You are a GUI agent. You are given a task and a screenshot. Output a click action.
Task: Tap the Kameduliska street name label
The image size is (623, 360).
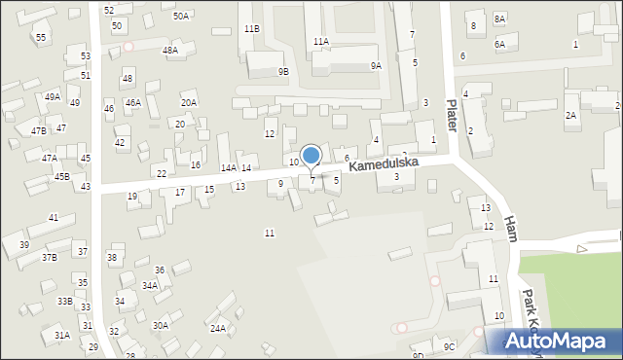tap(385, 165)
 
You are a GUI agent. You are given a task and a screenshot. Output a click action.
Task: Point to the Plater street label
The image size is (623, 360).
tap(451, 108)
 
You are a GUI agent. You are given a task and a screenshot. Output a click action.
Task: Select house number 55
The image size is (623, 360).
tap(40, 37)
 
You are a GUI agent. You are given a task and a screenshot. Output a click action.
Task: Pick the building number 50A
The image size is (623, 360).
tap(181, 17)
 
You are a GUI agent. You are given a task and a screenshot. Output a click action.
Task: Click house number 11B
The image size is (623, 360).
tap(252, 29)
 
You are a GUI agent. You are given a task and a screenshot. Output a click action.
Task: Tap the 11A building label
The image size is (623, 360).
tap(320, 41)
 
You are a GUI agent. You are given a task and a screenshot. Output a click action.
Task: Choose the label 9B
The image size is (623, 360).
tap(283, 71)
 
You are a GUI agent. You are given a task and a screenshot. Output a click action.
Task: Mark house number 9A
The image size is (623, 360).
tap(376, 65)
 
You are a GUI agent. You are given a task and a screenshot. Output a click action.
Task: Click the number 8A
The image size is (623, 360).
tap(499, 19)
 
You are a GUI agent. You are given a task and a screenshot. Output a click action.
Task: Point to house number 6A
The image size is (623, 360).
tap(499, 44)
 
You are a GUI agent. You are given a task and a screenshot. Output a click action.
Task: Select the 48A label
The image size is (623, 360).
tap(170, 50)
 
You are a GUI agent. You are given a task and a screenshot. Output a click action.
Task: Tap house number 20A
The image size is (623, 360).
tap(189, 102)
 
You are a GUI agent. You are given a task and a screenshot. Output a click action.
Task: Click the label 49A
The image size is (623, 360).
tap(53, 97)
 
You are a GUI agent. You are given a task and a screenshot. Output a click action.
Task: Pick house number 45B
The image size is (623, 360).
tap(61, 176)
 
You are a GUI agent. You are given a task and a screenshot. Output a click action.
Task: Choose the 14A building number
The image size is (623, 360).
tap(228, 168)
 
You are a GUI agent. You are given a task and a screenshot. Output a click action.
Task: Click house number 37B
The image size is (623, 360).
tap(49, 257)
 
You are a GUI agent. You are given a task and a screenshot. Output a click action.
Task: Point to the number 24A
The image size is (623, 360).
tap(218, 329)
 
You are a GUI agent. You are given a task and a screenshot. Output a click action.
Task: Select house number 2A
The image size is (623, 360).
tap(571, 115)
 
